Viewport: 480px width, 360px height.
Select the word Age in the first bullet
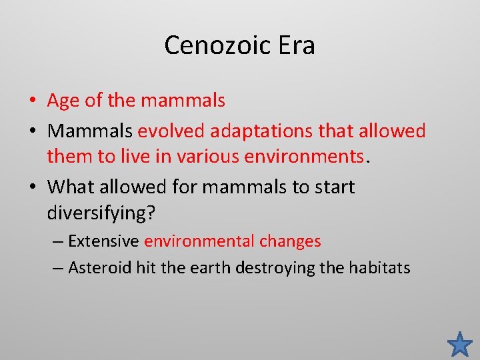click(64, 101)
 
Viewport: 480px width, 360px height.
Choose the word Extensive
click(103, 241)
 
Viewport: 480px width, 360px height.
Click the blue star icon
click(460, 344)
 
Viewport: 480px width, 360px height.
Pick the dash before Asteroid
click(57, 268)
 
